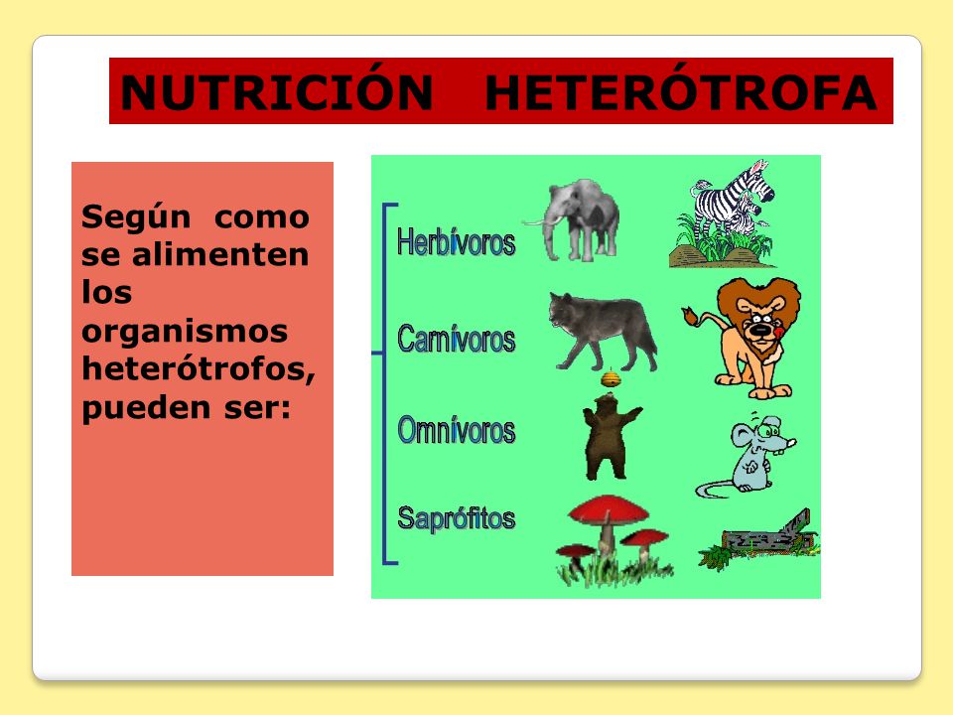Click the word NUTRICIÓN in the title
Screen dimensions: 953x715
tap(277, 91)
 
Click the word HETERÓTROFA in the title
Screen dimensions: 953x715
tap(681, 91)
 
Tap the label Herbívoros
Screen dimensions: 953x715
tap(456, 242)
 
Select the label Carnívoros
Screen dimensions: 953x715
tap(456, 338)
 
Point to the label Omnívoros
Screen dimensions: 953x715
tap(456, 430)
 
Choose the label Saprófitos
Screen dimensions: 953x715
tap(456, 518)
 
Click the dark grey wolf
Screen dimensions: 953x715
tap(602, 331)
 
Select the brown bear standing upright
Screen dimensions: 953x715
tap(611, 437)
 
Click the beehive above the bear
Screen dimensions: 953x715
tap(611, 378)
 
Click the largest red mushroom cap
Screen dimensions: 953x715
tap(608, 509)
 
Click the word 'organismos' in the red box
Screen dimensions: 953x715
tap(185, 333)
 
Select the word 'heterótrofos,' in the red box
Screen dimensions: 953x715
tap(199, 368)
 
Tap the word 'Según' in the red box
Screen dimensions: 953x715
tap(136, 217)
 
